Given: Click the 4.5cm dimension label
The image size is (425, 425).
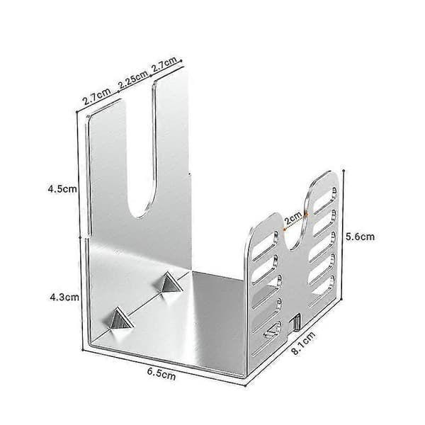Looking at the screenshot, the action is click(x=62, y=189).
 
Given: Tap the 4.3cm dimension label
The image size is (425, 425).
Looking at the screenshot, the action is click(x=64, y=297).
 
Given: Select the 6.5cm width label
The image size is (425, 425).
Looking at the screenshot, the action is click(x=161, y=374).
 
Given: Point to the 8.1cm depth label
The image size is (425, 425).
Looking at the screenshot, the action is click(x=304, y=343).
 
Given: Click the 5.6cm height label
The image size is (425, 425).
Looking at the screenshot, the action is click(x=360, y=237).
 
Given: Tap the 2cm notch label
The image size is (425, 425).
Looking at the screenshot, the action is click(x=293, y=217).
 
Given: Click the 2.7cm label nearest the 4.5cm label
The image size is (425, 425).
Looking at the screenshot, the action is click(x=97, y=96).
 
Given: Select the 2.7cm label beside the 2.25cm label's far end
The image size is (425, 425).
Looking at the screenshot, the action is click(x=164, y=64).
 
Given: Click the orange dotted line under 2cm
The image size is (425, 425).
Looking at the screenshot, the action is click(x=295, y=222).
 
